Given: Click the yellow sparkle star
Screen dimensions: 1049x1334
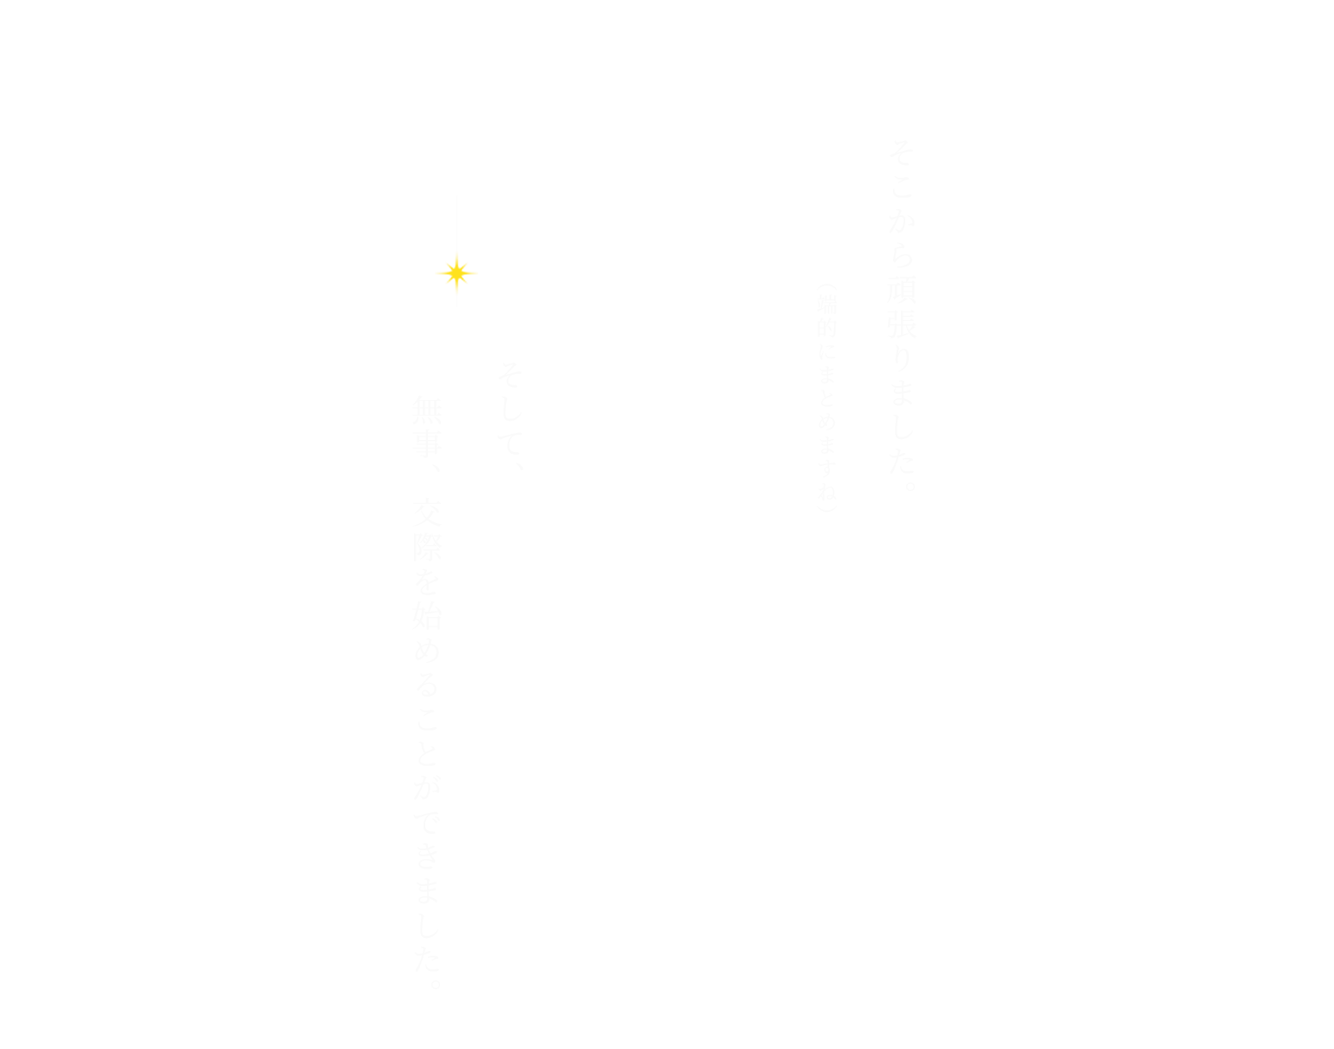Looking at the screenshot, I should (x=457, y=273).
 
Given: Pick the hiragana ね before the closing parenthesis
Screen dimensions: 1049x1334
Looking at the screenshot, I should (x=826, y=492).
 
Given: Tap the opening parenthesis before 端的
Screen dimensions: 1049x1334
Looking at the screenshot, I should (x=826, y=287).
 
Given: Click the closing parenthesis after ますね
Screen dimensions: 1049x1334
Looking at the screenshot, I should (x=826, y=508).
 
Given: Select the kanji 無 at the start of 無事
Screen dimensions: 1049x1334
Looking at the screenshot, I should (x=427, y=410).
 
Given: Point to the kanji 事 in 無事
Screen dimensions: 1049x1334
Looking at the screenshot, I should (x=427, y=444).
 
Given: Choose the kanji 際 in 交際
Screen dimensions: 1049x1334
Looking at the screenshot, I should (x=427, y=547).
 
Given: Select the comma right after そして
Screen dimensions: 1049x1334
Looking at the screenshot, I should (x=518, y=467).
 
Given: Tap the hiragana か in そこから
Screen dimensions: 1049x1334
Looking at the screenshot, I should (x=903, y=223).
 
